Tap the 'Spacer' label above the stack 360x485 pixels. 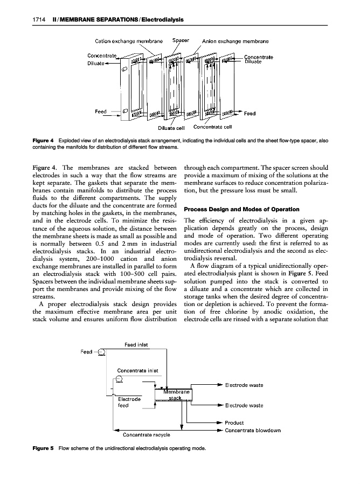tap(180, 40)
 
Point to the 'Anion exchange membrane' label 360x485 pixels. tap(236, 40)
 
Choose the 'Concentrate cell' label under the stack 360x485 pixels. tap(212, 128)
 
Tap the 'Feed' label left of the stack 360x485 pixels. tap(101, 112)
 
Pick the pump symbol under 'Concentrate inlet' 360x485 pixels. tap(120, 378)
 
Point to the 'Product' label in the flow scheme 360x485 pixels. tap(235, 422)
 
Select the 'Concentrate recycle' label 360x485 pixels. tap(147, 434)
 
